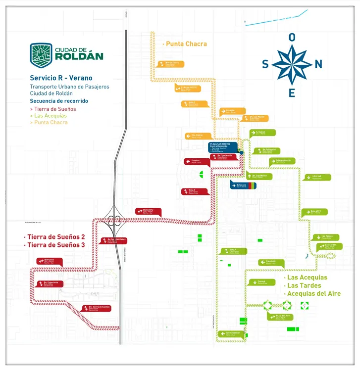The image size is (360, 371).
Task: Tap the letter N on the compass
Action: click(318, 64)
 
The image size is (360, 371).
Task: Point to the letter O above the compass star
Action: click(292, 37)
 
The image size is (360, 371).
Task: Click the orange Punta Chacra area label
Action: click(186, 44)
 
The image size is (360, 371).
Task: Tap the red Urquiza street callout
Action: click(194, 161)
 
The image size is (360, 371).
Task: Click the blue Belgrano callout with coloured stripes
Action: click(243, 185)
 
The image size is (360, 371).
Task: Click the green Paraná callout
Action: click(259, 282)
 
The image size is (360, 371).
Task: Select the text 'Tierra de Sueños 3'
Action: click(56, 245)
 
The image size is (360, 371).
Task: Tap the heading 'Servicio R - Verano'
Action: click(61, 78)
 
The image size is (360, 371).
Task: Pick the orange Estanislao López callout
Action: click(232, 111)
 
